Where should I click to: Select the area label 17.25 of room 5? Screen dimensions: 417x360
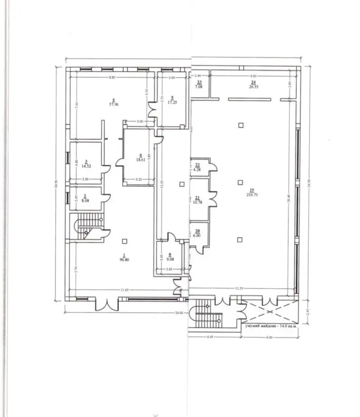tap(172, 103)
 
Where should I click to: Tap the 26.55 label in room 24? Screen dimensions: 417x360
tap(253, 87)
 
